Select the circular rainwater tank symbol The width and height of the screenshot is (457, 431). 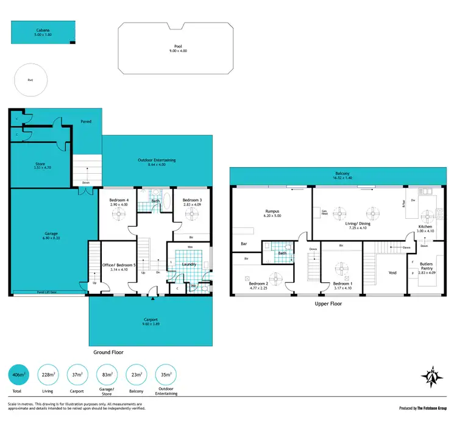(30, 80)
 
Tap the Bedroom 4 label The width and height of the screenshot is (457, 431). (118, 201)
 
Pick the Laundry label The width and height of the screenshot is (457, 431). (188, 263)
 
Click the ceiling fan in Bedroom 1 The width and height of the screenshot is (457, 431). (338, 266)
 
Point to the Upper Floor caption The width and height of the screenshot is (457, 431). (328, 303)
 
